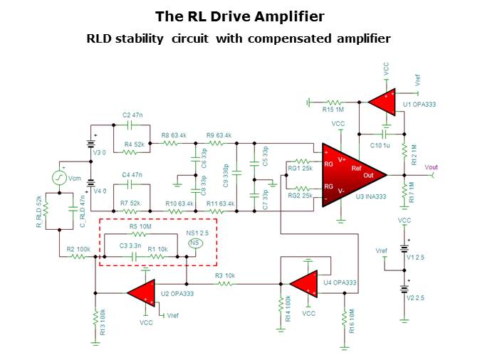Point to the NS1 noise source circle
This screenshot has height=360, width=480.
(x=194, y=243)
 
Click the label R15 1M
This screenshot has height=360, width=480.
(x=335, y=110)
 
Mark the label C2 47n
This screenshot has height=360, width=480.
(x=133, y=114)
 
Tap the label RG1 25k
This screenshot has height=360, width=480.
(x=298, y=168)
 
